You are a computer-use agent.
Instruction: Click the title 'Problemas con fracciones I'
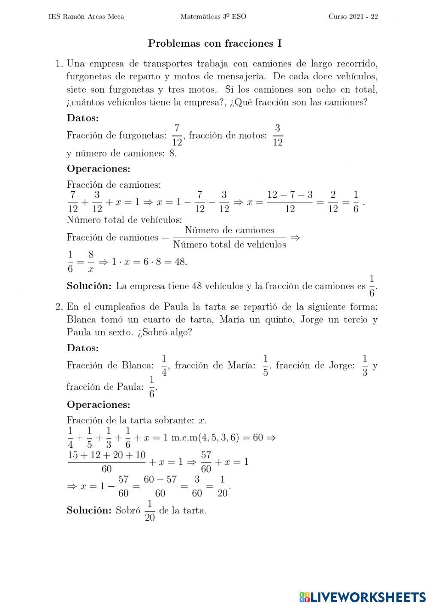(214, 43)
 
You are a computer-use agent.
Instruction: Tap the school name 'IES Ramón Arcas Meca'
(87, 17)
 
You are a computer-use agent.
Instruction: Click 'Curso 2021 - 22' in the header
(353, 17)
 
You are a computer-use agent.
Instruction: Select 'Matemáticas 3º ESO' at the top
(213, 17)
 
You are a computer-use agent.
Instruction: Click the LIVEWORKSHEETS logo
(363, 597)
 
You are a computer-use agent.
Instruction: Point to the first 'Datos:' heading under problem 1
(83, 118)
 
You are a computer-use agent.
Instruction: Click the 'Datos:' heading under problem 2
(83, 348)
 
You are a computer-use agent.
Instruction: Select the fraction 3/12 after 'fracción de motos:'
(278, 136)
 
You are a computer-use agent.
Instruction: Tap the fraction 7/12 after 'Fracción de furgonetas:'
(177, 136)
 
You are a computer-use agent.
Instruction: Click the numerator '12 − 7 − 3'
(290, 195)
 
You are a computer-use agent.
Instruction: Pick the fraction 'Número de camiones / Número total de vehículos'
(230, 237)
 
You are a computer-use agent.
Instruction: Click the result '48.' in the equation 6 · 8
(181, 261)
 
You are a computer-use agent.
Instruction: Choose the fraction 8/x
(91, 262)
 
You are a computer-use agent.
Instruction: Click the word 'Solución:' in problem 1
(89, 286)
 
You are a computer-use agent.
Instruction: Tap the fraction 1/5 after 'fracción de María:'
(266, 365)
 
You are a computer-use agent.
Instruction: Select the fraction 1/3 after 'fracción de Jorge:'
(365, 365)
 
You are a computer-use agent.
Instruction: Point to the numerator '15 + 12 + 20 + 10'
(107, 455)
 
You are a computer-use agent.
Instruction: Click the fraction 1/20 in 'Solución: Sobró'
(150, 510)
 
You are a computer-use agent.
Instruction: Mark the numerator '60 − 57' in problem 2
(160, 479)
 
